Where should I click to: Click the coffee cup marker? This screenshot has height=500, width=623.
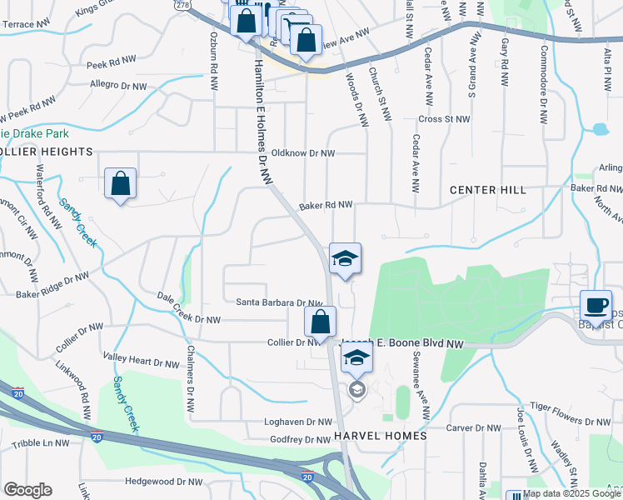point(596,305)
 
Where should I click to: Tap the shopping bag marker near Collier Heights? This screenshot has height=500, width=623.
point(121,183)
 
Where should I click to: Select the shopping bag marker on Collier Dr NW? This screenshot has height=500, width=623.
point(320,322)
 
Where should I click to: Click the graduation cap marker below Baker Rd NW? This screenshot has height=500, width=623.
point(345,258)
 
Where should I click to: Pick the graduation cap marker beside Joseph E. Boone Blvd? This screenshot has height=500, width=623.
point(356,358)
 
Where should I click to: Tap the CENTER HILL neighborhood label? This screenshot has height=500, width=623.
point(488,190)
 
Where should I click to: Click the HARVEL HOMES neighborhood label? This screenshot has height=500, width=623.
point(381,436)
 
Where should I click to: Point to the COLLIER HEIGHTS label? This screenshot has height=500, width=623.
point(46,152)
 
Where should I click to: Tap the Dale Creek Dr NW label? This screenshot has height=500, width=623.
point(190,307)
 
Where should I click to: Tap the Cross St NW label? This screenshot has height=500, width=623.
point(445,119)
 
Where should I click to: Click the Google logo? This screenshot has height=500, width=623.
point(27,490)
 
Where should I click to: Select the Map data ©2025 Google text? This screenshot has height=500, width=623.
point(571,493)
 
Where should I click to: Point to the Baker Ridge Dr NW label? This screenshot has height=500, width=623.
point(51,283)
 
